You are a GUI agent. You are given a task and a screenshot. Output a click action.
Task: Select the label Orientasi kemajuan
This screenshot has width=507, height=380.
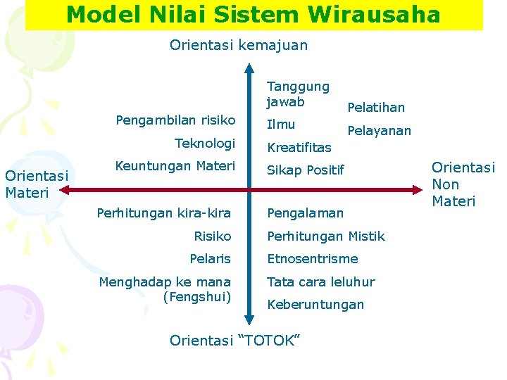tap(239, 45)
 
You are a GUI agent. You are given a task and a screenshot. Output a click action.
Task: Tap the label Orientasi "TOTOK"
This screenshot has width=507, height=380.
tap(235, 341)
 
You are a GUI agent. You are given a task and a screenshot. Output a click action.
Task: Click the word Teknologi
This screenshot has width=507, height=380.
tap(205, 143)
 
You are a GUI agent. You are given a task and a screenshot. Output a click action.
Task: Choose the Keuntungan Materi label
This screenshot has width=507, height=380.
tap(175, 166)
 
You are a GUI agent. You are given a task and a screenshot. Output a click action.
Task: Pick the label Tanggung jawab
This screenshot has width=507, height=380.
tap(298, 94)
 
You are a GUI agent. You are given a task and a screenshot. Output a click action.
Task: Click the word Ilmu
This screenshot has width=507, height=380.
tap(281, 125)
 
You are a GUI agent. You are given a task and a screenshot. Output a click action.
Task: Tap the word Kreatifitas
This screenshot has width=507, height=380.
tap(299, 148)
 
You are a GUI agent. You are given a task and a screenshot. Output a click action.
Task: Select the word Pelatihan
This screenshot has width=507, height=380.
tap(377, 107)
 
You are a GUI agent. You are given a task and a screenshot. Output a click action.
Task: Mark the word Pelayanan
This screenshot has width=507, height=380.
tap(380, 131)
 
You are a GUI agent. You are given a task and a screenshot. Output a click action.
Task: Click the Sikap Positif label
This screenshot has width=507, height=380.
tap(306, 170)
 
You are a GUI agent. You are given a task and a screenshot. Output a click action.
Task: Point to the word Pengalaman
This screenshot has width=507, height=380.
tap(306, 213)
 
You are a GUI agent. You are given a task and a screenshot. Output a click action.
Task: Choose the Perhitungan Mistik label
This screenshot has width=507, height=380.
tap(326, 236)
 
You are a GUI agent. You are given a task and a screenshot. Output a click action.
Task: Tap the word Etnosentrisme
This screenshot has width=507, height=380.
tap(313, 259)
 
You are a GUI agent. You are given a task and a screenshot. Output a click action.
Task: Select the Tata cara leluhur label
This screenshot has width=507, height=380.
tap(321, 281)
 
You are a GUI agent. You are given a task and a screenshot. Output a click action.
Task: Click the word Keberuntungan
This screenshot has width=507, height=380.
tap(315, 305)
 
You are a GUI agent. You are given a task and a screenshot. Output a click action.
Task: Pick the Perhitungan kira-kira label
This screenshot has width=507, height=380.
tap(164, 213)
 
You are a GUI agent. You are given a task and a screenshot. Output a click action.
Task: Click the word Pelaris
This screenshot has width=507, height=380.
tap(211, 259)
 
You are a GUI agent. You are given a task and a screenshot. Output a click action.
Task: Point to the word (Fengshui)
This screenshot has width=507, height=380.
tap(197, 297)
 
